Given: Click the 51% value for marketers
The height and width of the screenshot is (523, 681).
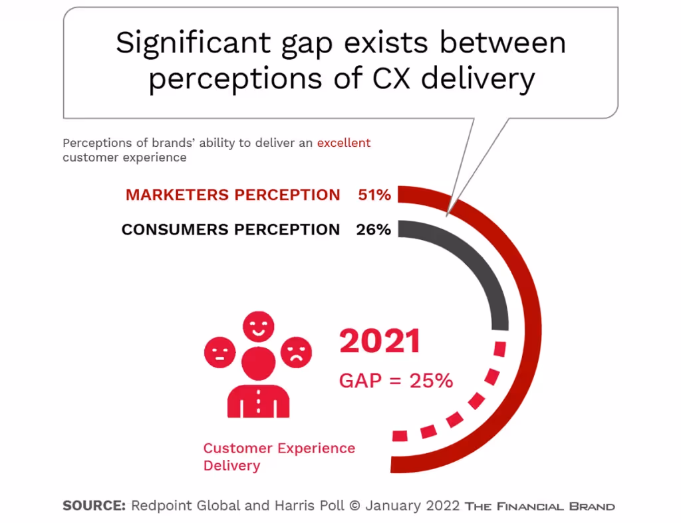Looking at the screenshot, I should (x=374, y=195).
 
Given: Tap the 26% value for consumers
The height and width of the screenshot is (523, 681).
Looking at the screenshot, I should (x=374, y=230).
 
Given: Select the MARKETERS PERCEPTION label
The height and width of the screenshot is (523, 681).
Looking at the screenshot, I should (x=233, y=195).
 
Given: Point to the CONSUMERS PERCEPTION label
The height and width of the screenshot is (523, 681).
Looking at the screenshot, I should (x=230, y=230).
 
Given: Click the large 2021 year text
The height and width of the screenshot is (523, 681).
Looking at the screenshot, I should (x=380, y=342).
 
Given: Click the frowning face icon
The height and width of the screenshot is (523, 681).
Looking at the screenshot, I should (x=296, y=353).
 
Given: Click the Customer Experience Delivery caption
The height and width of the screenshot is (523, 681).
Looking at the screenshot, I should (x=279, y=456).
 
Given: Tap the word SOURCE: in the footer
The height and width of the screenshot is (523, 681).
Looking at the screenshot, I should (x=94, y=506).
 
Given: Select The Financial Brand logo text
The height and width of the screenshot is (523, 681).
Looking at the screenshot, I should (x=539, y=506).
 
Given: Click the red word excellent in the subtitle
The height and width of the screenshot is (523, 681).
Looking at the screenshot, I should (x=343, y=143).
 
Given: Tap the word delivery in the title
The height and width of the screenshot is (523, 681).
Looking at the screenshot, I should (x=477, y=80).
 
